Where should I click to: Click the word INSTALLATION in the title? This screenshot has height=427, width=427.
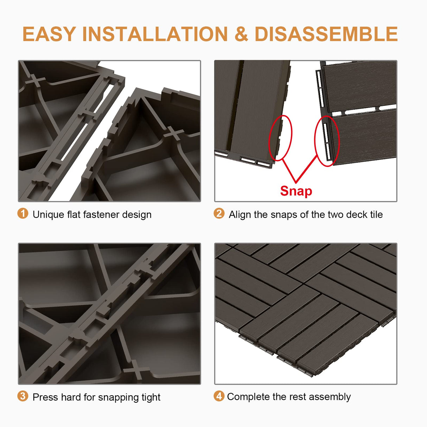pos(155,34)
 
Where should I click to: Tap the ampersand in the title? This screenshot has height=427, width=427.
pos(241,34)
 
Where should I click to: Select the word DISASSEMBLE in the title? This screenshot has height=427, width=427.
pos(326,34)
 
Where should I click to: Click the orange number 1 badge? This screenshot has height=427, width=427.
pos(23,213)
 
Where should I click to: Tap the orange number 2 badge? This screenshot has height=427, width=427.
pos(219,213)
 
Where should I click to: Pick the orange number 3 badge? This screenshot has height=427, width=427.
pos(23,396)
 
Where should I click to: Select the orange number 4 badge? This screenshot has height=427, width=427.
pos(219,396)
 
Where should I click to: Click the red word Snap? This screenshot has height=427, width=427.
pos(296,191)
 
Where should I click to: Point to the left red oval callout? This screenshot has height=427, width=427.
pos(280,138)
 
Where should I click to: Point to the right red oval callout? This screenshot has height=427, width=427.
pos(327,140)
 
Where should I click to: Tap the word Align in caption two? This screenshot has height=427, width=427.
pos(240,215)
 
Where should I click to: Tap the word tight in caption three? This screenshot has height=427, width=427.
pos(151,397)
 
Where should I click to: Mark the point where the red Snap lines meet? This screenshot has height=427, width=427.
pos(296,182)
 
